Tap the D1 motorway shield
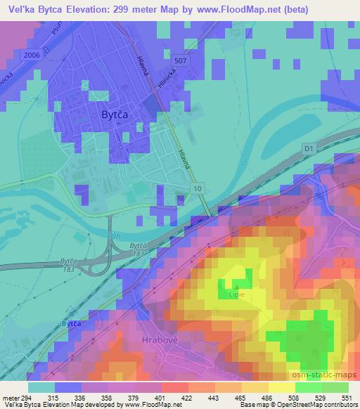(x=309, y=148)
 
